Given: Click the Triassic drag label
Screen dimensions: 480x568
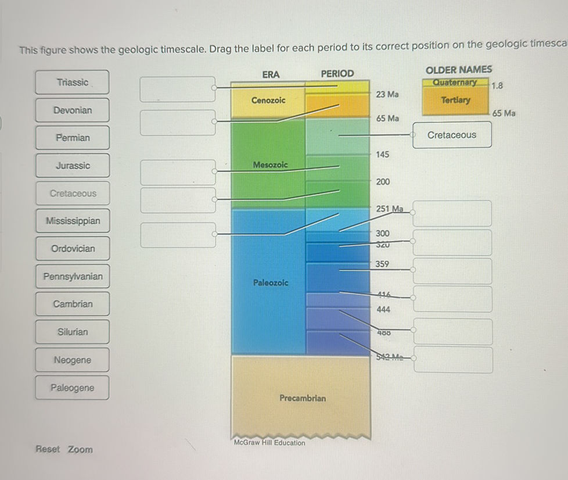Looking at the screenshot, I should coord(73,83).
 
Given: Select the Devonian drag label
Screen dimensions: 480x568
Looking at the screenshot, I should coord(73,110).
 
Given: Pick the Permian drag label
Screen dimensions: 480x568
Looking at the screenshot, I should coord(73,138).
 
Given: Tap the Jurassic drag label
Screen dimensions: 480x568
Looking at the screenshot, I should coord(73,166).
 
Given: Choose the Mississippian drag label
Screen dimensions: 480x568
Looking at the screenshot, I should coord(73,221).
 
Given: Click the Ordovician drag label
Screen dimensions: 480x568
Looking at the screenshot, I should coord(73,249).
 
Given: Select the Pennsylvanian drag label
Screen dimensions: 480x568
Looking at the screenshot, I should coord(73,277).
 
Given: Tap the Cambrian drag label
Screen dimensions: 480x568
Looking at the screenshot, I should coord(73,304).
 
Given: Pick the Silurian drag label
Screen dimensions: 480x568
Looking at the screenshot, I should coord(73,332).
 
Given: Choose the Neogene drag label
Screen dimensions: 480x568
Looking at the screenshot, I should coord(73,360).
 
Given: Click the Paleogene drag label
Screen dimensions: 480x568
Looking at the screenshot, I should coord(72,388).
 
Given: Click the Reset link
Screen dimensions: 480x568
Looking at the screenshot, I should coord(48,449).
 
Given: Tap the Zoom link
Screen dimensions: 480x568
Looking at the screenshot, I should coord(80,449).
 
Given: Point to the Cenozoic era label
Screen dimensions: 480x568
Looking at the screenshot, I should coord(268,101).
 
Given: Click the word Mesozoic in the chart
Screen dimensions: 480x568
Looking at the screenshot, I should coord(270,165).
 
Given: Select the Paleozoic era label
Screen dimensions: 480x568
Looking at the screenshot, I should coord(271,282).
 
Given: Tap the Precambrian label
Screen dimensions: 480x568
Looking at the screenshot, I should coord(303,398).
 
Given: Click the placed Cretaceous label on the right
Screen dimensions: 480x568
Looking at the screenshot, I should coord(452,135).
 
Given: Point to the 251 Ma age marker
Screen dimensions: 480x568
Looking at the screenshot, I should coord(390,208).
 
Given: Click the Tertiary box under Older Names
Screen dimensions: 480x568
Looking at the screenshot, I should coord(456,100).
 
